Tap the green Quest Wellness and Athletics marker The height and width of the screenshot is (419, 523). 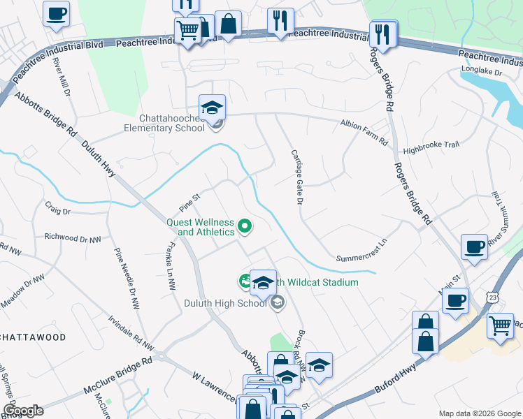pyautogui.click(x=245, y=226)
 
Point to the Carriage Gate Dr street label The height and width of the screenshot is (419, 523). pyautogui.click(x=295, y=177)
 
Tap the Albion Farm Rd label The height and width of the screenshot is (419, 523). pyautogui.click(x=364, y=133)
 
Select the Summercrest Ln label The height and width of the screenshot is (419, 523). pyautogui.click(x=361, y=249)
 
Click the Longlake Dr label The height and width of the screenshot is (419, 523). pyautogui.click(x=482, y=71)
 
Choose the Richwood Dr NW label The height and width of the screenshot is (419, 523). pyautogui.click(x=73, y=238)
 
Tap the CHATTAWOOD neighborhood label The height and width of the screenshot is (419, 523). pyautogui.click(x=33, y=337)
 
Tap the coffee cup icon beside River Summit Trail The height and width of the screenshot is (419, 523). pyautogui.click(x=475, y=247)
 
